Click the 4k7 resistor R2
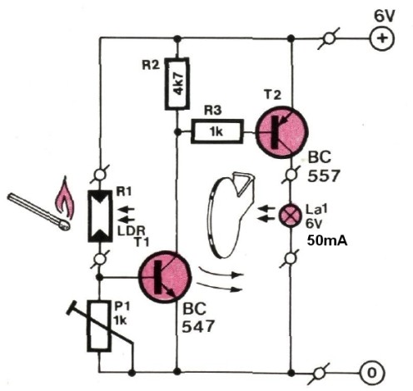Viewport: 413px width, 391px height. [177, 83]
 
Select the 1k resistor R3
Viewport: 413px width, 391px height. [217, 131]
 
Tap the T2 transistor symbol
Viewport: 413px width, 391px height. [281, 132]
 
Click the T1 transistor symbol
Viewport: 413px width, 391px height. [165, 277]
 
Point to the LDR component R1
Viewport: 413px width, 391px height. [100, 216]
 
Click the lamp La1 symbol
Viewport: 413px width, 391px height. [291, 215]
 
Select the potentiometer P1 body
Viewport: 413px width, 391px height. [98, 326]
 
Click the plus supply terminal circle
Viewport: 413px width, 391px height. [381, 38]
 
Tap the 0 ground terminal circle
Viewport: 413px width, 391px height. [372, 373]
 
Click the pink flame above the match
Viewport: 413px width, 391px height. [64, 197]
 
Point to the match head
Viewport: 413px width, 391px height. [63, 225]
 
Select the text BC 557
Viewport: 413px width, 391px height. [323, 166]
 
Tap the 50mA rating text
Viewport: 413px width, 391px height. [327, 241]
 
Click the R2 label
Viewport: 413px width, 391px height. [151, 66]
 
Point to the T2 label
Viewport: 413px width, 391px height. [272, 95]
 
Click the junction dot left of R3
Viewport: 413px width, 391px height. [177, 132]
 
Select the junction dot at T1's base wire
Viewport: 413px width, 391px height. [99, 277]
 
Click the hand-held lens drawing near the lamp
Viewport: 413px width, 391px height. [231, 215]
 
